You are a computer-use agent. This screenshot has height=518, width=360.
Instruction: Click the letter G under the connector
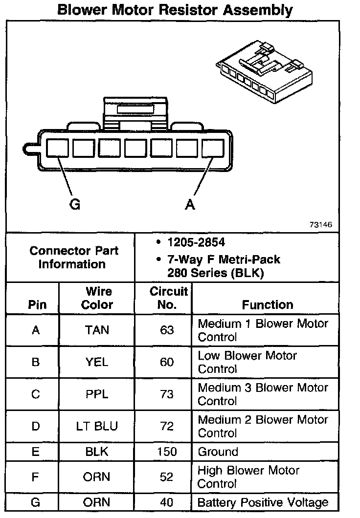click(75, 205)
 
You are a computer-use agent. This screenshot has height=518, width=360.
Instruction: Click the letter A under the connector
click(190, 205)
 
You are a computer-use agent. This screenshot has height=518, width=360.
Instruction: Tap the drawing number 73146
click(321, 225)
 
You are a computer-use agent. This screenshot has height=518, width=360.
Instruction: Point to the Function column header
click(268, 305)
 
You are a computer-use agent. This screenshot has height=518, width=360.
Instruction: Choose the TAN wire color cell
click(97, 330)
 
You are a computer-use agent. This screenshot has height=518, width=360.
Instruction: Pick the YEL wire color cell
click(97, 362)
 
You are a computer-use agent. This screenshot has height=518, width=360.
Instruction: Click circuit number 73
click(167, 394)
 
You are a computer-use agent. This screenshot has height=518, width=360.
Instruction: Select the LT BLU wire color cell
click(97, 426)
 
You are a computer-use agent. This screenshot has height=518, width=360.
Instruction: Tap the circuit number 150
click(167, 452)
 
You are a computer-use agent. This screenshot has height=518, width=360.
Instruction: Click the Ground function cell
click(218, 452)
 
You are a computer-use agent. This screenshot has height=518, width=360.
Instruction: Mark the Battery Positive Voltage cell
click(263, 502)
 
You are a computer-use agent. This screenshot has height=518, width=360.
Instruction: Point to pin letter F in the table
click(35, 477)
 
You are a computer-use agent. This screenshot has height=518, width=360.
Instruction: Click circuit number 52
click(167, 477)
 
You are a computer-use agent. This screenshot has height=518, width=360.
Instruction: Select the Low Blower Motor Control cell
click(247, 362)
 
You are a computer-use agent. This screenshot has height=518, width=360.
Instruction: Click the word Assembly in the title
click(250, 10)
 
